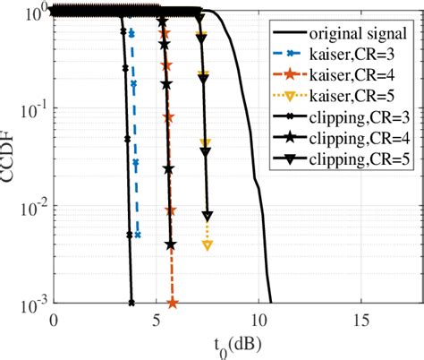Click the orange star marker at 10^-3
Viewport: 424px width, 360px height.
click(171, 303)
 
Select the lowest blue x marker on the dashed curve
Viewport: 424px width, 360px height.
click(138, 235)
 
